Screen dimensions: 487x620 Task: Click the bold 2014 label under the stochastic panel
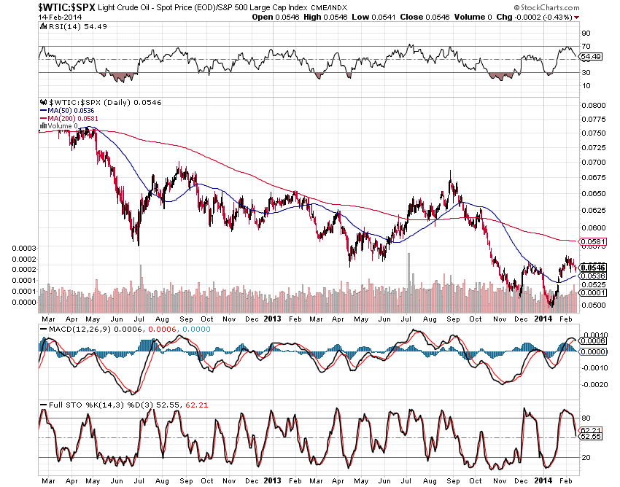pos(541,480)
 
